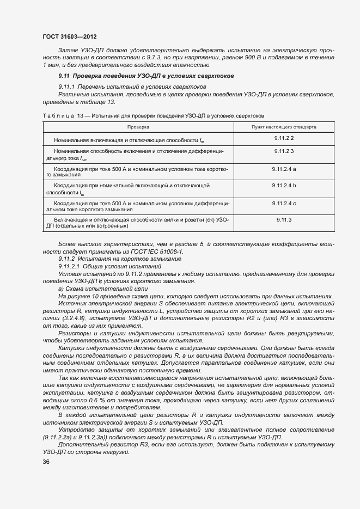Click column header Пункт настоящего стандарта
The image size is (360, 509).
tap(284, 126)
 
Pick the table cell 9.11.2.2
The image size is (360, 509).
tap(284, 138)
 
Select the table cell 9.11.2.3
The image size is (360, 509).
tap(284, 150)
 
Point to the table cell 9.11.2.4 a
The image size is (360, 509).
tap(284, 169)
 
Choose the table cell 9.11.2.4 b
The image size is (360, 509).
tap(284, 186)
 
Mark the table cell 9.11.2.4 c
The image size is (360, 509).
tap(284, 203)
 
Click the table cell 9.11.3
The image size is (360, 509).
tap(284, 219)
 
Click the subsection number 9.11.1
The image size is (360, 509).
tap(68, 87)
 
